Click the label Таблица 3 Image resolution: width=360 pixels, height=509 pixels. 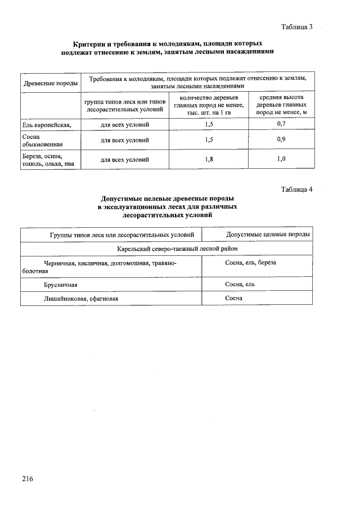pyautogui.click(x=296, y=26)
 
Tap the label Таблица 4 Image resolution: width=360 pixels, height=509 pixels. pyautogui.click(x=296, y=189)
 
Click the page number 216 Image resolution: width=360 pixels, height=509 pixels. pyautogui.click(x=29, y=479)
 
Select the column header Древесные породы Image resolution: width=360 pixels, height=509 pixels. pyautogui.click(x=51, y=83)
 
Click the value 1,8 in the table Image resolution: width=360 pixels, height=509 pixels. pyautogui.click(x=209, y=160)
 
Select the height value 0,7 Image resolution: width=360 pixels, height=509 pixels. pyautogui.click(x=281, y=123)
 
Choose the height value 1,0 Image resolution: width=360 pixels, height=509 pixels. pyautogui.click(x=281, y=159)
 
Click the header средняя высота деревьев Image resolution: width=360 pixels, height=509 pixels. pyautogui.click(x=281, y=105)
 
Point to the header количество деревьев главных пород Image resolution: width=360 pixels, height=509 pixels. pyautogui.click(x=209, y=105)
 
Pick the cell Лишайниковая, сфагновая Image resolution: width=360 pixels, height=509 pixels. pyautogui.click(x=81, y=298)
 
